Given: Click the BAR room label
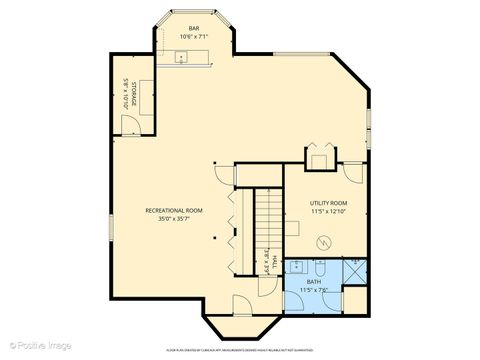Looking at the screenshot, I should pyautogui.click(x=193, y=28).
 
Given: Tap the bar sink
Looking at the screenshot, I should pyautogui.click(x=182, y=58).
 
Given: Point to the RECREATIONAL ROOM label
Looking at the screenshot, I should pyautogui.click(x=174, y=210).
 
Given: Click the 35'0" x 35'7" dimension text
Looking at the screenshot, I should pyautogui.click(x=174, y=219).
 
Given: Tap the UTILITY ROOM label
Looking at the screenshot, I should pyautogui.click(x=327, y=203).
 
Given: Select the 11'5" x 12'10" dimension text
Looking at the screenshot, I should pyautogui.click(x=327, y=212).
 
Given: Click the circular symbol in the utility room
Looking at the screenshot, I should pyautogui.click(x=323, y=244).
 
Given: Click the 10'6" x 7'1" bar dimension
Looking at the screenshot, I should pyautogui.click(x=193, y=37).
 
